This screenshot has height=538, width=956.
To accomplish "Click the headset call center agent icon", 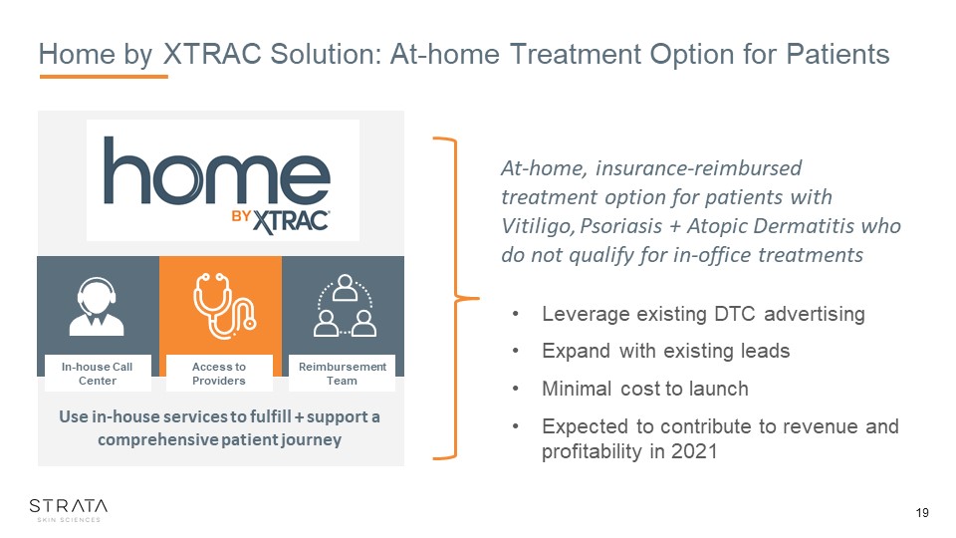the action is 97,307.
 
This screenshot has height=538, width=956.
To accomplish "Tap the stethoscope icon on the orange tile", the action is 224,306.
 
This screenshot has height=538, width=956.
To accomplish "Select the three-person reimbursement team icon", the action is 346,306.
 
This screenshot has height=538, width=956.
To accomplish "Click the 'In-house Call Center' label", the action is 97,374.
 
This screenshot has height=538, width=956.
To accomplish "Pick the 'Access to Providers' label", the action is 219,374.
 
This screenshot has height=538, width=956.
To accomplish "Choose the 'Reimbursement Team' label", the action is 342,374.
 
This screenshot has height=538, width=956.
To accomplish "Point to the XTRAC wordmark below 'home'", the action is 291,221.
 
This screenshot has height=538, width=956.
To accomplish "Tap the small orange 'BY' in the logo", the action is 241,216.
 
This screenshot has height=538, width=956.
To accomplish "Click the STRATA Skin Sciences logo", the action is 69,510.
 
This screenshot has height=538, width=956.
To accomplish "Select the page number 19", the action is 922,512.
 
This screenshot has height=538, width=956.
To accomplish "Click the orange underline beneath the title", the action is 104,77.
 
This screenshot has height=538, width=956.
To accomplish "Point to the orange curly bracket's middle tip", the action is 479,298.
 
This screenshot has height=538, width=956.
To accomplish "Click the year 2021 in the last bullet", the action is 694,451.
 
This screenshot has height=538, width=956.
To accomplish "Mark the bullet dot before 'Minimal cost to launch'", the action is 515,389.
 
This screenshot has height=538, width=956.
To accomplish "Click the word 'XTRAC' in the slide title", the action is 213,54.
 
